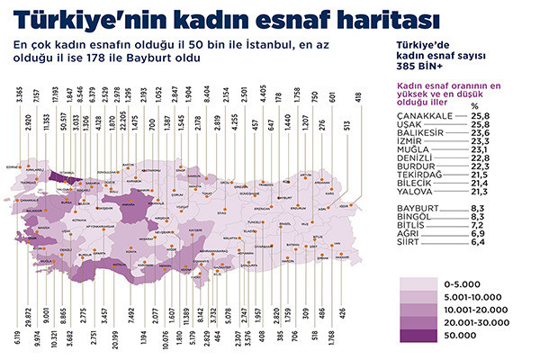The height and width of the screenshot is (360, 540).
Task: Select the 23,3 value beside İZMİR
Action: pos(500,142)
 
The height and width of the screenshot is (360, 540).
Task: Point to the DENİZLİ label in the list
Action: pos(413,159)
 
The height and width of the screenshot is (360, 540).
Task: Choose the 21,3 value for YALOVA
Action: pos(500,192)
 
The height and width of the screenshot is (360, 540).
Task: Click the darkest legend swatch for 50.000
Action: pos(422,336)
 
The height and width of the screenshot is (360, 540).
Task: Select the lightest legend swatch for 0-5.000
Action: pos(422,282)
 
